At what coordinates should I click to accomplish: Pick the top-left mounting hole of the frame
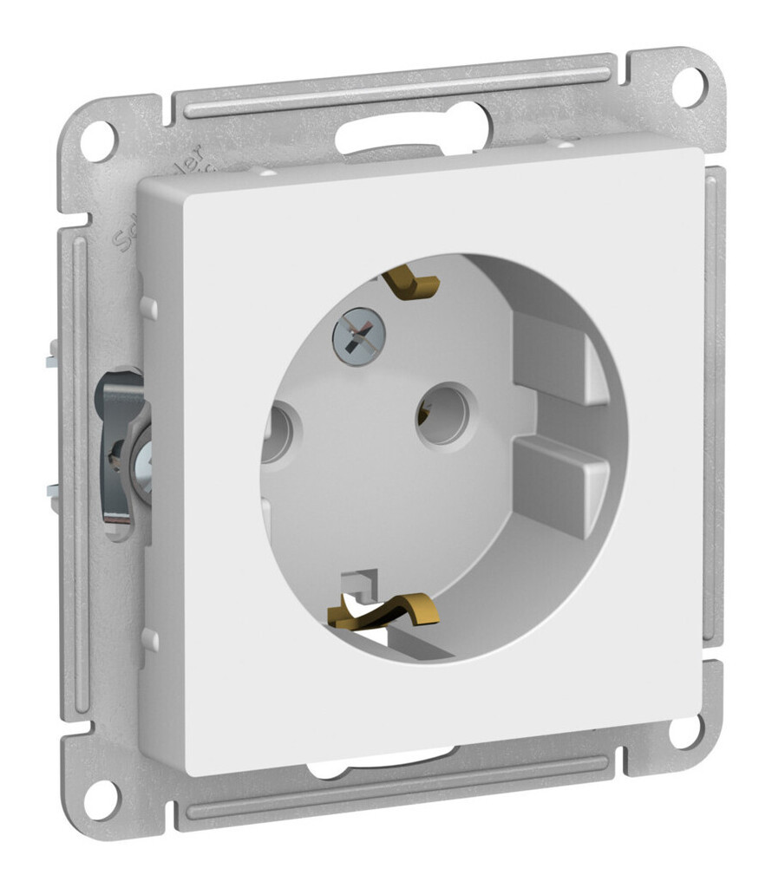[x=97, y=139]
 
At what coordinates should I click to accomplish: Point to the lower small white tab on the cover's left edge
[x=150, y=639]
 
